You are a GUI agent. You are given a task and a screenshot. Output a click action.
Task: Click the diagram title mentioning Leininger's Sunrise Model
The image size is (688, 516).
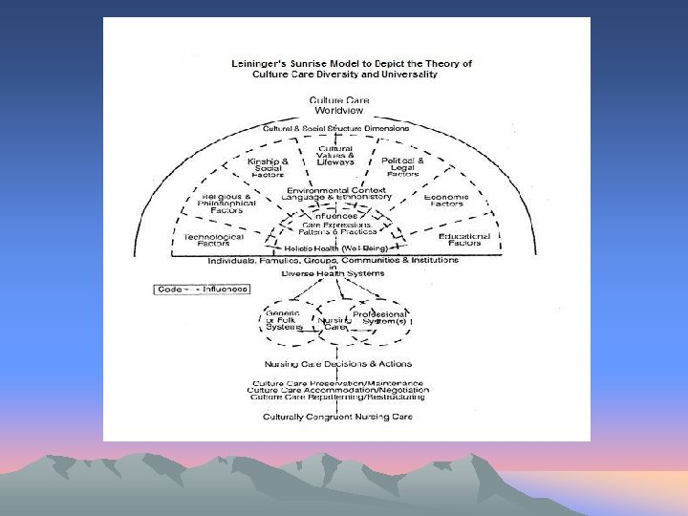pyautogui.click(x=351, y=69)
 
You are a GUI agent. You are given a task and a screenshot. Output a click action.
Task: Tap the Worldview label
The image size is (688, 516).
pyautogui.click(x=338, y=110)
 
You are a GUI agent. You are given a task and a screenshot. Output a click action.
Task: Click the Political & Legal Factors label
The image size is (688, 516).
pyautogui.click(x=401, y=167)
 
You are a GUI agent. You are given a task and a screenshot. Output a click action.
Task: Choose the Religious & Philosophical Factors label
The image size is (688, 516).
pyautogui.click(x=226, y=202)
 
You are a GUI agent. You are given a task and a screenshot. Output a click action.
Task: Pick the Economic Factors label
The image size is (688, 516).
pyautogui.click(x=446, y=202)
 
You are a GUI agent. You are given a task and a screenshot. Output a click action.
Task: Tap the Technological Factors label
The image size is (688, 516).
pyautogui.click(x=213, y=240)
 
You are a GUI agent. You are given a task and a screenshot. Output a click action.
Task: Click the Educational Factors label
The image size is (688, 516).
pyautogui.click(x=464, y=240)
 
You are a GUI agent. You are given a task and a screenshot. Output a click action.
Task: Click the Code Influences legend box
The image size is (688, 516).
pyautogui.click(x=203, y=289)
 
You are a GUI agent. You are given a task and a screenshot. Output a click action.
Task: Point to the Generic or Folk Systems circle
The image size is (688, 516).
pyautogui.click(x=282, y=320)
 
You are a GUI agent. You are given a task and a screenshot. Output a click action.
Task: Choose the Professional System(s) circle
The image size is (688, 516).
pyautogui.click(x=380, y=318)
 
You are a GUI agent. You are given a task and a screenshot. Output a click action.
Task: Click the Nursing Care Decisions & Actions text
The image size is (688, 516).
pyautogui.click(x=338, y=364)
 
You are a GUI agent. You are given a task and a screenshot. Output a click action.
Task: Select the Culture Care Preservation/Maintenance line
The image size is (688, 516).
pyautogui.click(x=338, y=382)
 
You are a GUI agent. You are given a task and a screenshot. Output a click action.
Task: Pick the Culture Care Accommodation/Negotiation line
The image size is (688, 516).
pyautogui.click(x=338, y=390)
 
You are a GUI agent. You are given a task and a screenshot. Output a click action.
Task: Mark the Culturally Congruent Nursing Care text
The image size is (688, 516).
pyautogui.click(x=338, y=417)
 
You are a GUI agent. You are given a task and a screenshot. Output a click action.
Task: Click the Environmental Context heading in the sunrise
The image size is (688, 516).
pyautogui.click(x=337, y=190)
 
